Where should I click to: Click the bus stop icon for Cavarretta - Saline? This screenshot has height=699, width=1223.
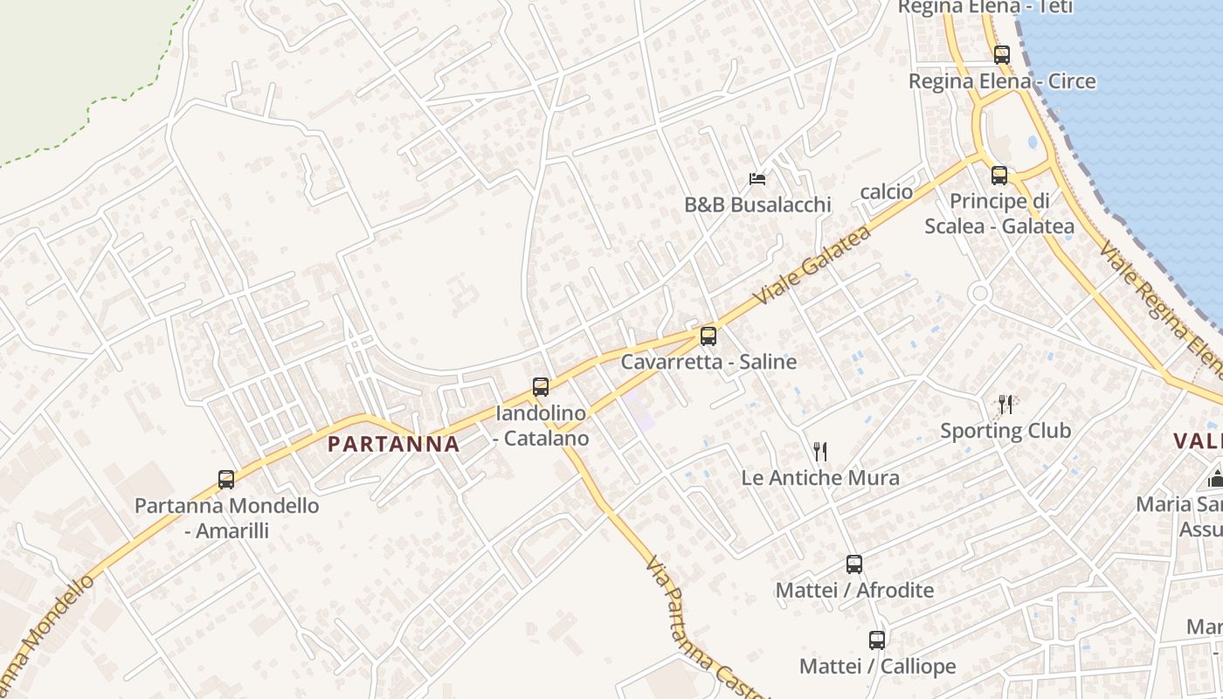708,336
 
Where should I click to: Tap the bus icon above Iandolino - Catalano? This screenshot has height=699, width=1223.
541,386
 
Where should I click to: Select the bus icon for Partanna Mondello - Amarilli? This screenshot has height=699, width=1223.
226,479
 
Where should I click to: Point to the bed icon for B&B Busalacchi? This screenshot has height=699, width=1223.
757,179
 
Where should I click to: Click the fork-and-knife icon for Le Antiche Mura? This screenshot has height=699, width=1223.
819,452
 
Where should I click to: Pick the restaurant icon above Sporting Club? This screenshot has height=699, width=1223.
1005,404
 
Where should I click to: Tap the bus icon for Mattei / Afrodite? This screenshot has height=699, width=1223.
854,564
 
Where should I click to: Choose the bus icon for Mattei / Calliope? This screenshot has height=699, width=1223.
877,640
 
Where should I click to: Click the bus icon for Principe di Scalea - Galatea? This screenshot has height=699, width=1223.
999,175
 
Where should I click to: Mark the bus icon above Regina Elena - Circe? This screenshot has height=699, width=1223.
1002,54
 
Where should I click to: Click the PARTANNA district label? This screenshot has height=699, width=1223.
393,444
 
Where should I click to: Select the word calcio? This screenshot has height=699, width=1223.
886,191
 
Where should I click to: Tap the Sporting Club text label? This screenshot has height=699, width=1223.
1005,431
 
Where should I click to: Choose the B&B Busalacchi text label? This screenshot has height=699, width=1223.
757,205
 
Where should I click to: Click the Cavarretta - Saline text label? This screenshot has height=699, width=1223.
708,362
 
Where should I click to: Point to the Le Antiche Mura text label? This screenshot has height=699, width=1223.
819,478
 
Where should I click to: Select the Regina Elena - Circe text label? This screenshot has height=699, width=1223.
1002,81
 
